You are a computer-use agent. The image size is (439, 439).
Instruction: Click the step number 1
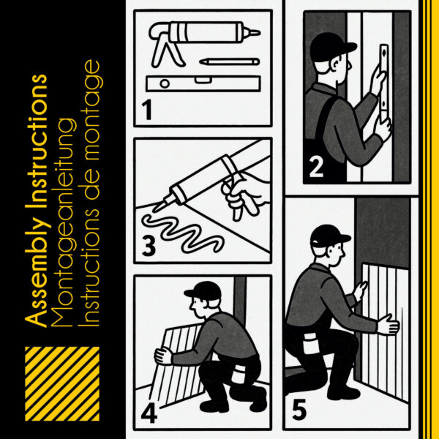147,110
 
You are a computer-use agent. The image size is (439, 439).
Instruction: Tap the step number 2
316,167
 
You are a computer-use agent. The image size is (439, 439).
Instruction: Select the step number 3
149,246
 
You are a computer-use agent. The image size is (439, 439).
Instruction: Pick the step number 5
299,410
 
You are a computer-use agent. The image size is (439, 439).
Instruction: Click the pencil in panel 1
230,61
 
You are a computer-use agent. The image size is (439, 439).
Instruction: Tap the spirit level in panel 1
203,83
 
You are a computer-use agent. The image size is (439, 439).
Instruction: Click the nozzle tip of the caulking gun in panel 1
259,33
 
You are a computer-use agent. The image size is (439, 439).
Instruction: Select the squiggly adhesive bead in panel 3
182,234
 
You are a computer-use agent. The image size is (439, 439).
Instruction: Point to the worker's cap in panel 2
331,47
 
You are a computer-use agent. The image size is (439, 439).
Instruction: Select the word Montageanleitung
63,222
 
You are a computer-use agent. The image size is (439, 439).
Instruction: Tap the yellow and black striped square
62,383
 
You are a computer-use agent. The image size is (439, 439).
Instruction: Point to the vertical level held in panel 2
384,83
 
